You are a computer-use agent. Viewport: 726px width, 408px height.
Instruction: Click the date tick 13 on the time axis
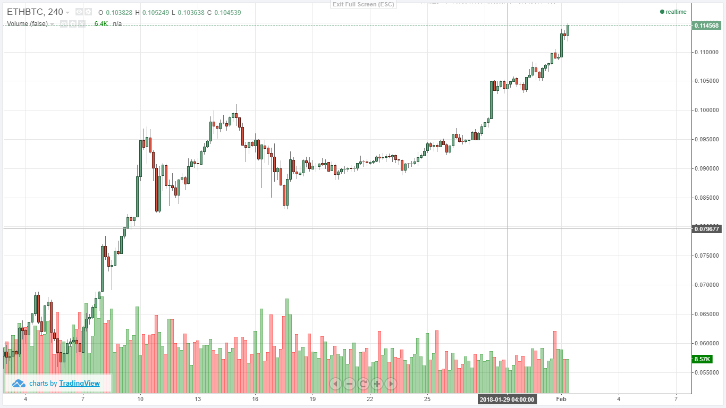[198, 399]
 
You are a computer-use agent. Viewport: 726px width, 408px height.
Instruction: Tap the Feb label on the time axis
[561, 399]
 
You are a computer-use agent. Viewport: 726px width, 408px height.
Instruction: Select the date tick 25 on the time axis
[427, 399]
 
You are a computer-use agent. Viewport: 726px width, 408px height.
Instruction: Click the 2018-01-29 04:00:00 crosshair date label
[507, 399]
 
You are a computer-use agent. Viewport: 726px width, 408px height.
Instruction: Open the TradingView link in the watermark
[79, 383]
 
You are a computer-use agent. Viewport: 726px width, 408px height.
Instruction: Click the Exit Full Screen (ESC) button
[363, 4]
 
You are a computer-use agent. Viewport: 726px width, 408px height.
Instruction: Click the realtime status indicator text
[676, 12]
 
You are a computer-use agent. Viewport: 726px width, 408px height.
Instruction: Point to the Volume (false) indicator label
[27, 24]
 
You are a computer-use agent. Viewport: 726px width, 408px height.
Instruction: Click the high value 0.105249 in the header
[154, 12]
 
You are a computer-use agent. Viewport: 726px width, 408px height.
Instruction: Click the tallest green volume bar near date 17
[287, 345]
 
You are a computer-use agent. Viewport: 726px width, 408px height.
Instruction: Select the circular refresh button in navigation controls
[363, 383]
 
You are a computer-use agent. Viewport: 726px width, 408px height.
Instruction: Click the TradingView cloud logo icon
[19, 383]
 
